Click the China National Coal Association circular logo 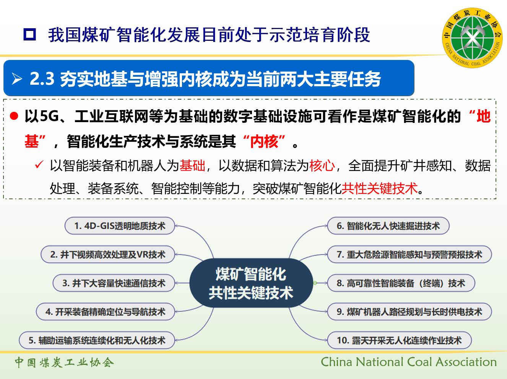coord(472,38)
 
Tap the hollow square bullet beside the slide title coord(30,35)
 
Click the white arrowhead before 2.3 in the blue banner coord(17,79)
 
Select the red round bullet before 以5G coord(14,116)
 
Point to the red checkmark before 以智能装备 coord(39,165)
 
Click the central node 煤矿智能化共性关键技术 coord(251,283)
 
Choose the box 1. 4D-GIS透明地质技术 coord(120,226)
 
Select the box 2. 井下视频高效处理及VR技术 coord(108,255)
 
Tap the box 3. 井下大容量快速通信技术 coord(114,283)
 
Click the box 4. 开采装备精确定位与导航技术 coord(105,312)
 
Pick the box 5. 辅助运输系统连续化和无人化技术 coord(97,340)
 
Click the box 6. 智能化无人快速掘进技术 coord(388,226)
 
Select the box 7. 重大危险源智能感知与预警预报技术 coord(409,255)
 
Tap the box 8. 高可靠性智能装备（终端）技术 coord(401,283)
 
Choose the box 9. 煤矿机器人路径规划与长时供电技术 coord(409,312)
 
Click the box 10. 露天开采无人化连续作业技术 coord(399,340)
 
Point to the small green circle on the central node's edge coord(315,283)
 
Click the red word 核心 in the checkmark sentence coord(322,165)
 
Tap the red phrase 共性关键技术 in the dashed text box coord(380,188)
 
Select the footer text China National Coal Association coord(409,362)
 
